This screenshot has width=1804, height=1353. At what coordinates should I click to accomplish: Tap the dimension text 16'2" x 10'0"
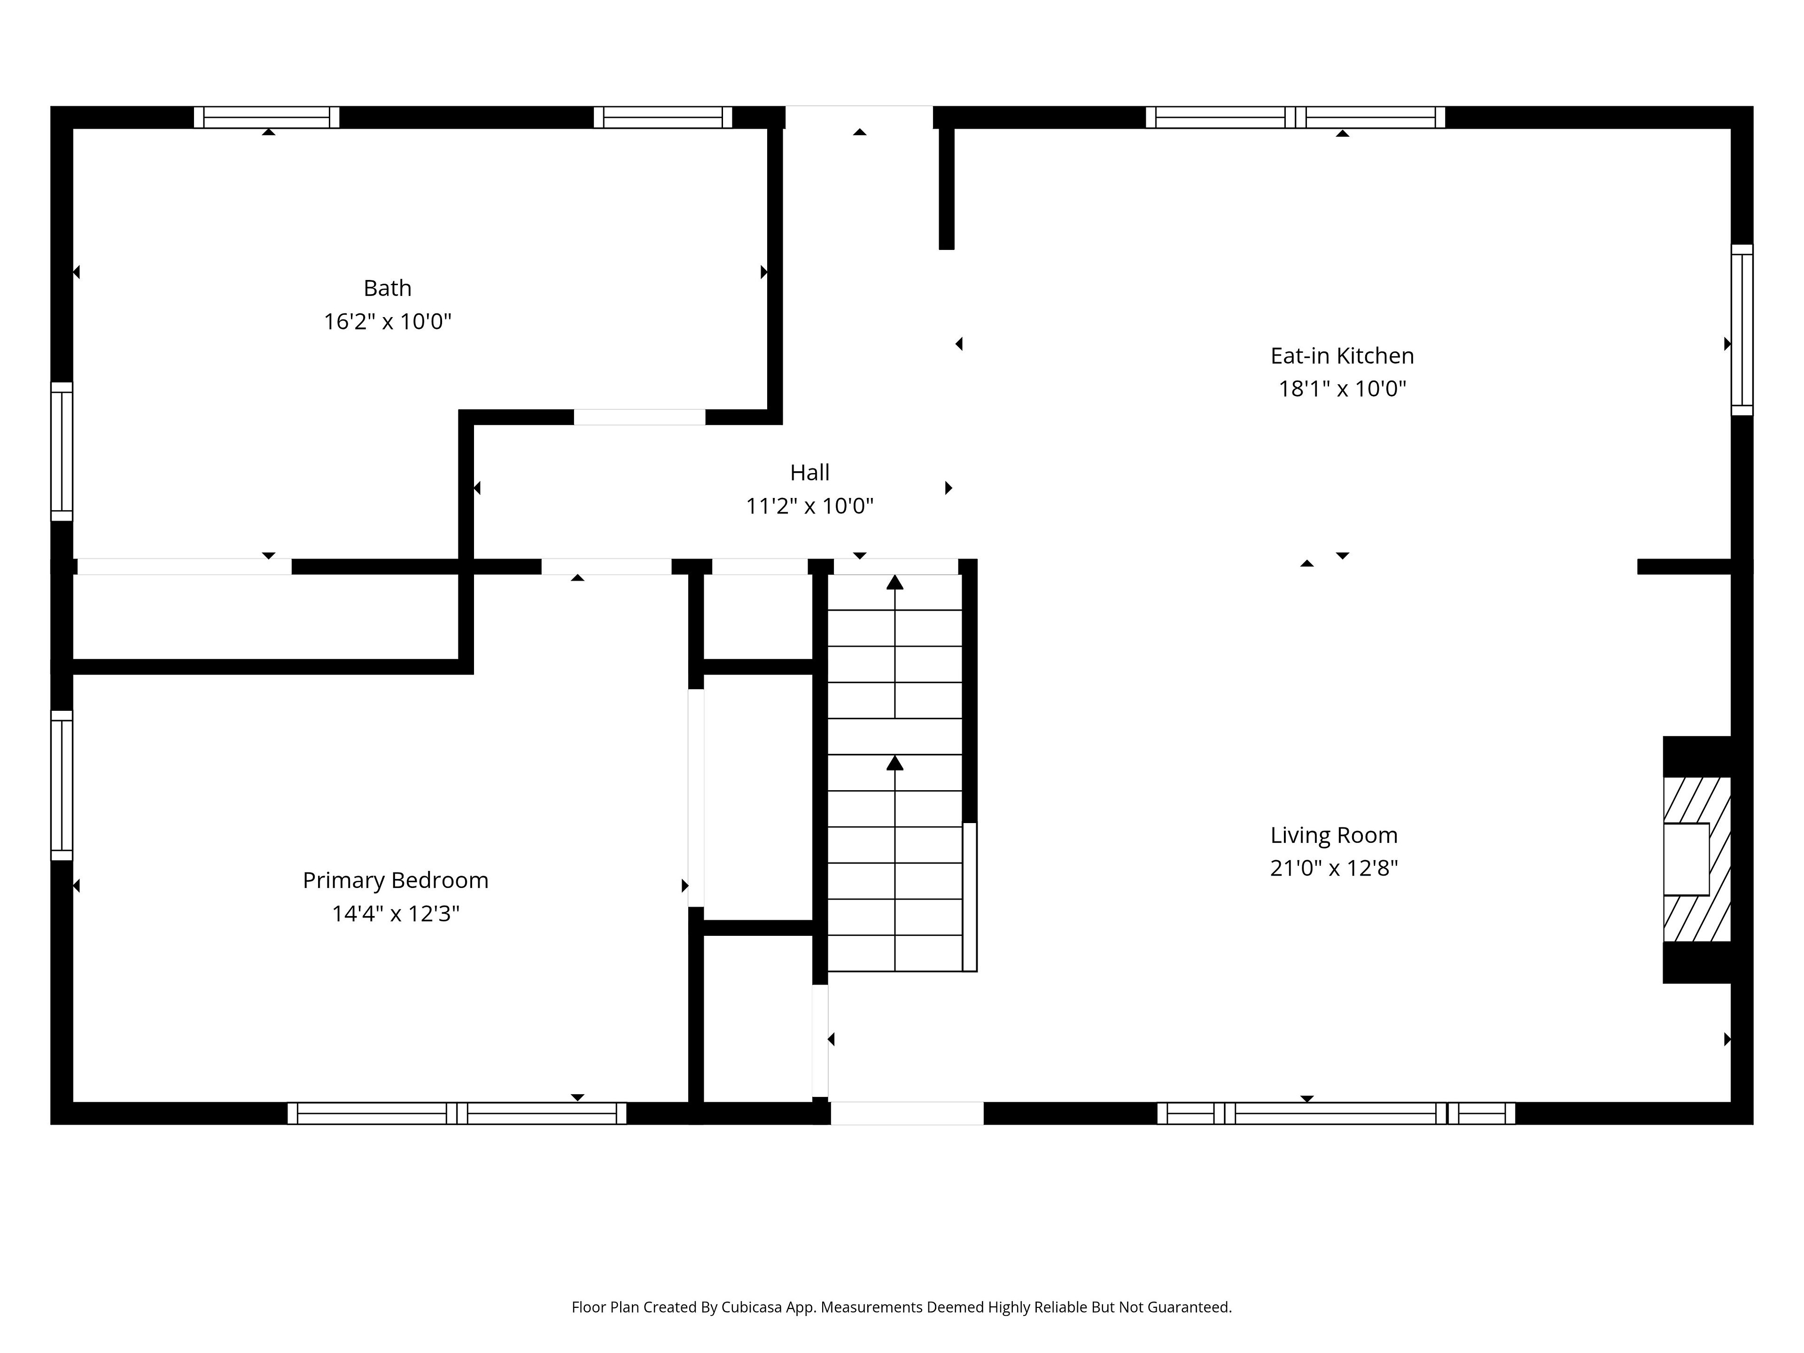[x=388, y=321]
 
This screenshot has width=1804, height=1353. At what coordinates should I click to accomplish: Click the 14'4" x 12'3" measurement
[x=396, y=913]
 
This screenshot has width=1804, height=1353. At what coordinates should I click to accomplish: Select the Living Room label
[x=1334, y=835]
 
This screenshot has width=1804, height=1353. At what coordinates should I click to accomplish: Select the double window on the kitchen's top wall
[x=1295, y=117]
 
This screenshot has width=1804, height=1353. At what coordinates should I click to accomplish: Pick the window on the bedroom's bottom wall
[x=457, y=1113]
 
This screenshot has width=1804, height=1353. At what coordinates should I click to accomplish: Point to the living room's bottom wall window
[x=1336, y=1113]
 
